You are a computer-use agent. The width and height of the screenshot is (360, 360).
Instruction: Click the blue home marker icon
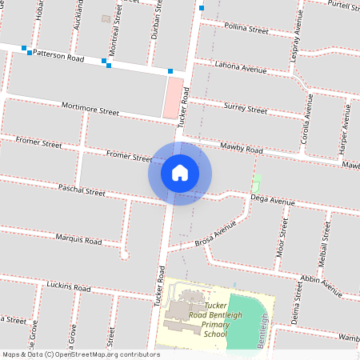tap(180, 173)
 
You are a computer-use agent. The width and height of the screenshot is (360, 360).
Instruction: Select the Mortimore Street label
tap(90, 110)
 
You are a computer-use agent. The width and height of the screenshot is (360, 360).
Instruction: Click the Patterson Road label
tap(58, 58)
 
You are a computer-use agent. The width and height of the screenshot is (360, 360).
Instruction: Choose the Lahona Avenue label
tap(242, 69)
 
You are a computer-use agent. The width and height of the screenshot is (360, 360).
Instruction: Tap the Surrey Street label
tap(246, 107)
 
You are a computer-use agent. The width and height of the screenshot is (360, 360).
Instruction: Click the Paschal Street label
tap(82, 192)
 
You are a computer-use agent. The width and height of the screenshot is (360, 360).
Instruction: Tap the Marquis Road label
tap(78, 239)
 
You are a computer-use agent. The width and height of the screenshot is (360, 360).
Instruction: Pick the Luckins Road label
tap(69, 286)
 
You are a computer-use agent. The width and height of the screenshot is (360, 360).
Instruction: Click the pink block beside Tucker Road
tap(171, 98)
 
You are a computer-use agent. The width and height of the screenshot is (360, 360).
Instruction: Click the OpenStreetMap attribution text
tap(81, 354)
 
